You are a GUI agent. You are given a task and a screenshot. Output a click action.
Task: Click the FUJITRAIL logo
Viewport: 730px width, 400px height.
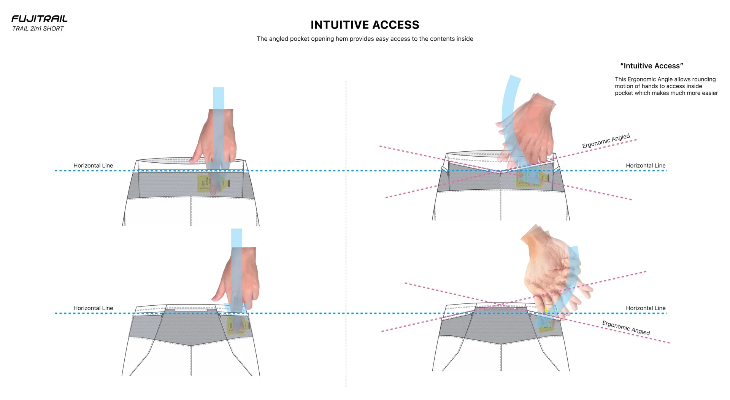pos(40,19)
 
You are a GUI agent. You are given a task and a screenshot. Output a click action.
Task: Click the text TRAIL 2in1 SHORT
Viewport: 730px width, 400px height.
pos(38,29)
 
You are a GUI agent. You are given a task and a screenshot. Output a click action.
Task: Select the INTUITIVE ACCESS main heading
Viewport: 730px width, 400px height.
pos(365,25)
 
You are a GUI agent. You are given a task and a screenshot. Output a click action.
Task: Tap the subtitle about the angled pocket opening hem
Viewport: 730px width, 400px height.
pos(365,39)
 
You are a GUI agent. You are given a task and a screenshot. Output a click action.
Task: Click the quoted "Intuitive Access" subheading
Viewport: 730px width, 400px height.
pos(651,66)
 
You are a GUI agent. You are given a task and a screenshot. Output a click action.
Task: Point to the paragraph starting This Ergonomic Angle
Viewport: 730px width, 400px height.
pos(666,86)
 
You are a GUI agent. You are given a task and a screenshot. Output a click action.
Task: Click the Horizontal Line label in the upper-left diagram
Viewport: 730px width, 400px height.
pos(93,166)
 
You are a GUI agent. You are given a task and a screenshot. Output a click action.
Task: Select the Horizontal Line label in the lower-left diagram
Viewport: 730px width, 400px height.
pos(93,308)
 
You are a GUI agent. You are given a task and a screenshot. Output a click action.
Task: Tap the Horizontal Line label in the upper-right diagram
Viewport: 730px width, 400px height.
pos(646,166)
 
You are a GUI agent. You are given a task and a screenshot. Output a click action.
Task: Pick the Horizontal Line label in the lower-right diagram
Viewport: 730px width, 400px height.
pos(646,308)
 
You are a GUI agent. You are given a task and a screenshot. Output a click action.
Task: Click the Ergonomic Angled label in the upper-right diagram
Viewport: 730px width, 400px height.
pos(606,141)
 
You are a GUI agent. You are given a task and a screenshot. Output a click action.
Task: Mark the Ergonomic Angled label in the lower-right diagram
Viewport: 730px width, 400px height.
pos(626,328)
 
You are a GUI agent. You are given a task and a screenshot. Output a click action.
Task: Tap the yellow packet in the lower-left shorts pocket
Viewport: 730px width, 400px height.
pos(236,326)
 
